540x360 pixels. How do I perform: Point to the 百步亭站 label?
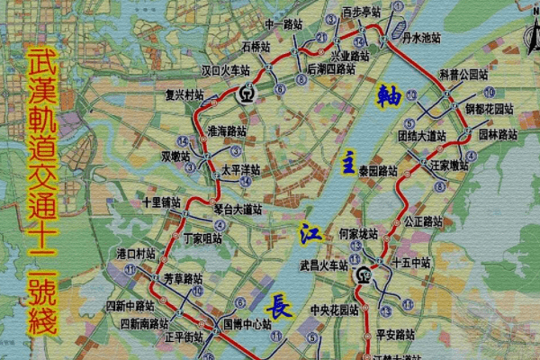[362, 13]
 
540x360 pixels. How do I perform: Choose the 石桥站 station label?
[255, 45]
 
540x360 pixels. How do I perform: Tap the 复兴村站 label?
[185, 94]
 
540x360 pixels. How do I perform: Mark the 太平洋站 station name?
[240, 168]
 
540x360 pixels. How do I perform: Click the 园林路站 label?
[497, 134]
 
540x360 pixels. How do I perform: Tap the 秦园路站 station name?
[377, 170]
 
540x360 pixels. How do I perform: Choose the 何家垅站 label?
[359, 234]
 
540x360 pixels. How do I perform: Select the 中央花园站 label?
[334, 311]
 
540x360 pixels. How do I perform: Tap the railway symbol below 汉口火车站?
[247, 93]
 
